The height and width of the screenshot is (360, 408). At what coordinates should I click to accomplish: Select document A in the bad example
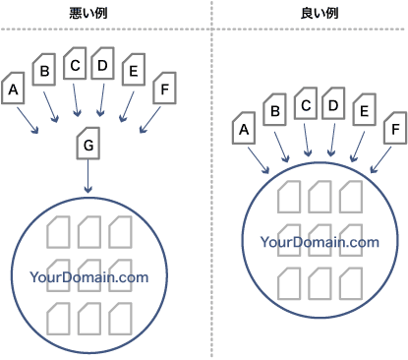14,90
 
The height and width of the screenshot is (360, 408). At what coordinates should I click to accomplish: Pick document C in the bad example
74,65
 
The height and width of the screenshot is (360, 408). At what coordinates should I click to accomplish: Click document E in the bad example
133,71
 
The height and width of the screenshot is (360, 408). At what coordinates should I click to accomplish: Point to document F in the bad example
164,90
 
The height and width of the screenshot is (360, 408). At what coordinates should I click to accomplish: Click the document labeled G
88,146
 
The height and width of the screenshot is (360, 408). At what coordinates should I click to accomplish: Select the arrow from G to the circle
88,177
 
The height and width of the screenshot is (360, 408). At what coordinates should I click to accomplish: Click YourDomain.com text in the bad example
88,277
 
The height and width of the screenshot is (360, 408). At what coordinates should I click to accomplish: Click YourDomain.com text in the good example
320,242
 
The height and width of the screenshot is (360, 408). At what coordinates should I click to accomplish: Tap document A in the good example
246,128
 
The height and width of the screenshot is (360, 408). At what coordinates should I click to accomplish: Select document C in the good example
306,103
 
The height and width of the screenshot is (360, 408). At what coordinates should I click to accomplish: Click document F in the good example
394,128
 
